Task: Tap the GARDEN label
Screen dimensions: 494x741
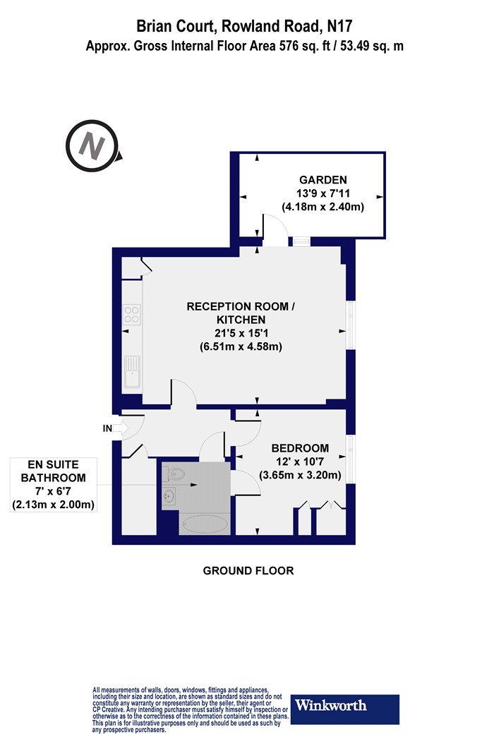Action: [x=323, y=179]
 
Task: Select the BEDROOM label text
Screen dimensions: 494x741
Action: [x=300, y=448]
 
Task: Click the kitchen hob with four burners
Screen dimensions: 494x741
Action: [x=132, y=315]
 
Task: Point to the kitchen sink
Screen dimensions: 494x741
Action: [x=132, y=372]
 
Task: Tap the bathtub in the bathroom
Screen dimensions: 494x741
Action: [x=205, y=524]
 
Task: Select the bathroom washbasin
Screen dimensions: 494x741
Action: [x=169, y=496]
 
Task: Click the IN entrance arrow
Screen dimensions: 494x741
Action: [x=121, y=428]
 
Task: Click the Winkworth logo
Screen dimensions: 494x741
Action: [x=344, y=709]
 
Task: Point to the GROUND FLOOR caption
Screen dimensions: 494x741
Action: [x=248, y=571]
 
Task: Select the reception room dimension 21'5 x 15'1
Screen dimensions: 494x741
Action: [x=241, y=333]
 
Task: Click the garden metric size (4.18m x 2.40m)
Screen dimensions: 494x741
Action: [x=323, y=207]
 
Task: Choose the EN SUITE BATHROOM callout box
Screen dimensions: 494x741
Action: [x=54, y=485]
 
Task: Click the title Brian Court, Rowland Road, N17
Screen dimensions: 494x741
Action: [x=244, y=25]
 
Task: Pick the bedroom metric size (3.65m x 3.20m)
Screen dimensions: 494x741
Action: [x=300, y=475]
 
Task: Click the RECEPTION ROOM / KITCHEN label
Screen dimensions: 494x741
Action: [x=241, y=313]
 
